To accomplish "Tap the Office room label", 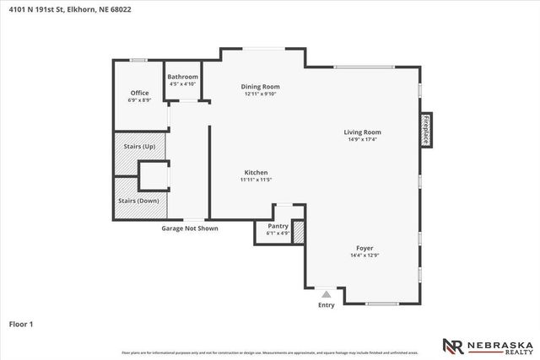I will tap(139, 93).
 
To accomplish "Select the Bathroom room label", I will tap(183, 77).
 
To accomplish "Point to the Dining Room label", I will tap(260, 86).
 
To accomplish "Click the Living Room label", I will tap(362, 132).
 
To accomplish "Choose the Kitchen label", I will tap(256, 172).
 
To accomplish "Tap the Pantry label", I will tap(278, 226).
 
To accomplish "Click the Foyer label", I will tap(364, 248).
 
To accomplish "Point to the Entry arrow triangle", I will tap(327, 294).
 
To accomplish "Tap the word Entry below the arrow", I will tap(327, 305).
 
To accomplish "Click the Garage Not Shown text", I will tap(190, 228).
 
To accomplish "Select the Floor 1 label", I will tap(21, 323).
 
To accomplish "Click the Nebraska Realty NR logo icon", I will tap(453, 345).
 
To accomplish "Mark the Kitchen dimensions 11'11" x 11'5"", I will tap(256, 180).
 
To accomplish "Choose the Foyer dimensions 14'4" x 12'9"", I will tap(364, 255).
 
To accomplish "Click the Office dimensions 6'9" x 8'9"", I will tap(139, 100).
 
